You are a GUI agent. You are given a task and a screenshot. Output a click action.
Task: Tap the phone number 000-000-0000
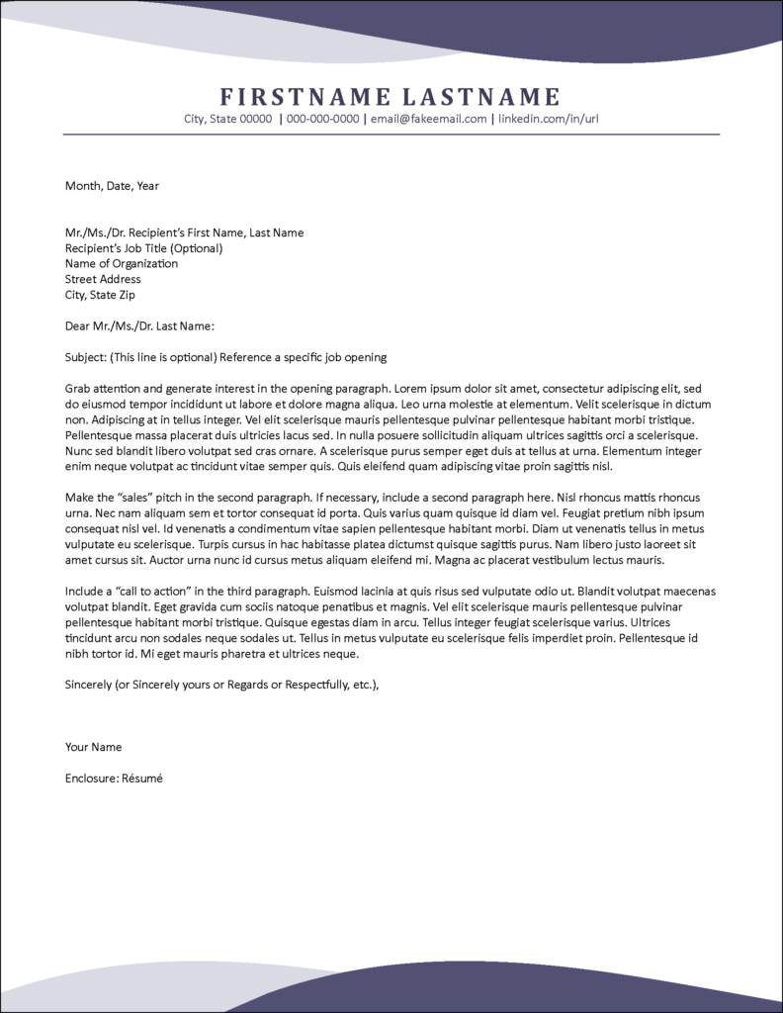(x=322, y=119)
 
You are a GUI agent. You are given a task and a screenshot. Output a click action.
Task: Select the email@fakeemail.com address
(x=429, y=119)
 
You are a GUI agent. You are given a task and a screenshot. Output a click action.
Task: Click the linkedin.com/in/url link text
(x=548, y=119)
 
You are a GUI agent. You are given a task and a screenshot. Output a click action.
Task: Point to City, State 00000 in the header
(x=227, y=119)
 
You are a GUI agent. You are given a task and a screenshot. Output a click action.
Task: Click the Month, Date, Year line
(x=112, y=186)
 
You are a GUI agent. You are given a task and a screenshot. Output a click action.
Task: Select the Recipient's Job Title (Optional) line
(x=143, y=248)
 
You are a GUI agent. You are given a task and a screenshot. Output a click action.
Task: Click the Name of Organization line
(x=122, y=264)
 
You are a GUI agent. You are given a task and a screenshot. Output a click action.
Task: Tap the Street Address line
(x=103, y=280)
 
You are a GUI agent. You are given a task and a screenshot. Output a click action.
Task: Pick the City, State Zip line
(x=100, y=295)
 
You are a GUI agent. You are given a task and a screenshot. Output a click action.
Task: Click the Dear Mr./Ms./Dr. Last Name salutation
(x=139, y=326)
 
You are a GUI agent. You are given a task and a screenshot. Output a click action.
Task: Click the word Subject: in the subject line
(x=86, y=357)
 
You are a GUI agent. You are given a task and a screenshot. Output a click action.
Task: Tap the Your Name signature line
(x=93, y=747)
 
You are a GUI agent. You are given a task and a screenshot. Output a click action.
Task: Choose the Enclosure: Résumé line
(x=114, y=779)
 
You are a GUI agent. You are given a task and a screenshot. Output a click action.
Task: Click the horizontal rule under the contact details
(x=391, y=134)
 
